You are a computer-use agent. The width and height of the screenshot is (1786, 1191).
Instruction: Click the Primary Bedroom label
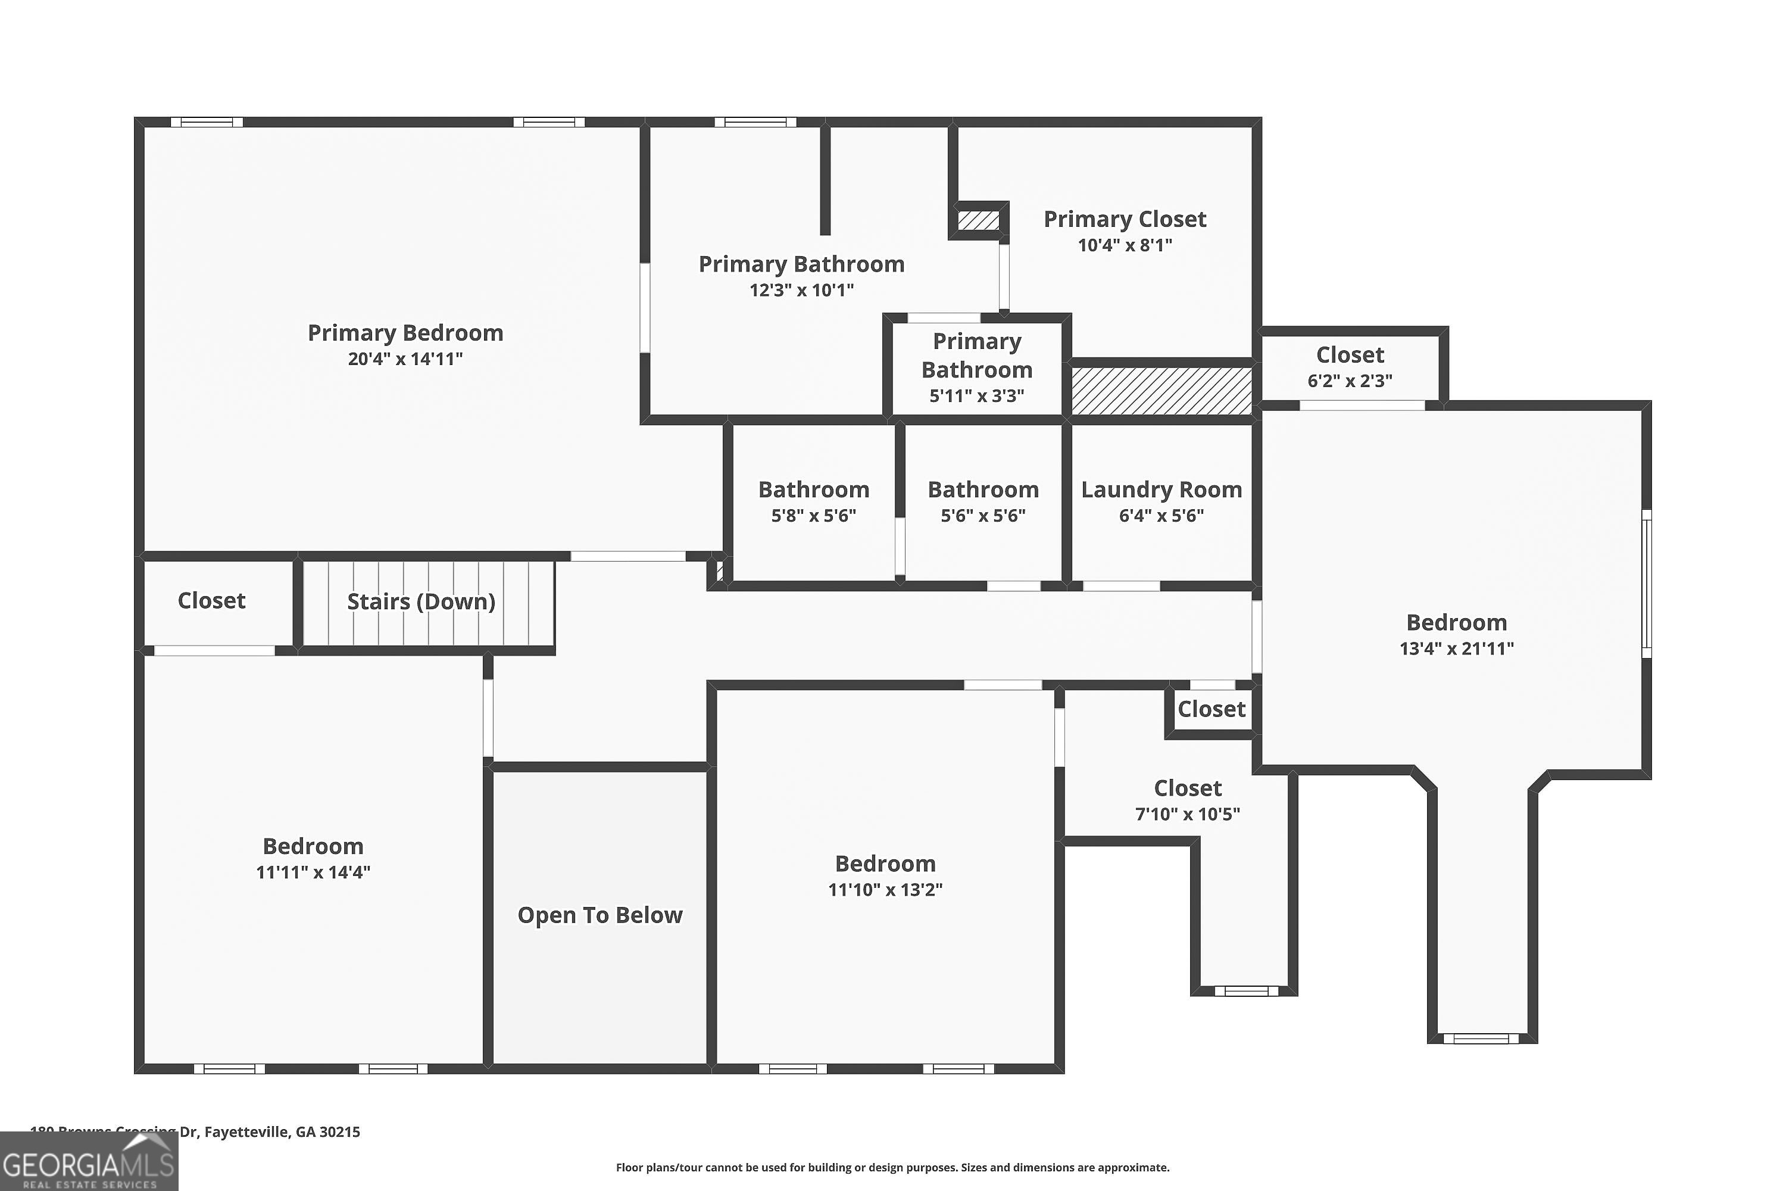[x=405, y=333]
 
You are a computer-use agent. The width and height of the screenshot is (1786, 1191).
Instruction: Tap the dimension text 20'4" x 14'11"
[x=405, y=358]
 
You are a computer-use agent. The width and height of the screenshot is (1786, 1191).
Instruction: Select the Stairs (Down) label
[x=421, y=601]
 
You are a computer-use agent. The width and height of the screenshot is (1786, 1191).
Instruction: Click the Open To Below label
[x=600, y=915]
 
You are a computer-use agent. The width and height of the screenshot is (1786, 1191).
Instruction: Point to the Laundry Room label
[x=1161, y=490]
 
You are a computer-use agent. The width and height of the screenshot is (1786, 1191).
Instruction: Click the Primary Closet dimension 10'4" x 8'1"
[x=1125, y=245]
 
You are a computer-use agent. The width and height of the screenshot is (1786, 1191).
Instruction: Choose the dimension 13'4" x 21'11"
[x=1456, y=648]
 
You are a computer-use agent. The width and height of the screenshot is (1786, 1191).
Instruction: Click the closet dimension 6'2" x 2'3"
[x=1350, y=381]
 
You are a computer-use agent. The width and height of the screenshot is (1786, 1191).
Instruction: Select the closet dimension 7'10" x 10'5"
[x=1188, y=814]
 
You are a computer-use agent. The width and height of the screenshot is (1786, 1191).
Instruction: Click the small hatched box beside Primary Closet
[x=978, y=221]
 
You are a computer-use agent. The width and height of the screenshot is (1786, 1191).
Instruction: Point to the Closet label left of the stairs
[x=211, y=601]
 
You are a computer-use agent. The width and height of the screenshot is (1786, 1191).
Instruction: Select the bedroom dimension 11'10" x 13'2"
[x=885, y=890]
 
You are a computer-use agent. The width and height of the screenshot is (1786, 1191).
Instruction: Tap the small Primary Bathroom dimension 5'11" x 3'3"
[x=976, y=396]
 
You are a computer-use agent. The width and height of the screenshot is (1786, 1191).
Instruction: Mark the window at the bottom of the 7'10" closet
[x=1245, y=990]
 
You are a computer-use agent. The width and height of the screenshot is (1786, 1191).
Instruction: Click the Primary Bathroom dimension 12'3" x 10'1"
[x=801, y=290]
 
